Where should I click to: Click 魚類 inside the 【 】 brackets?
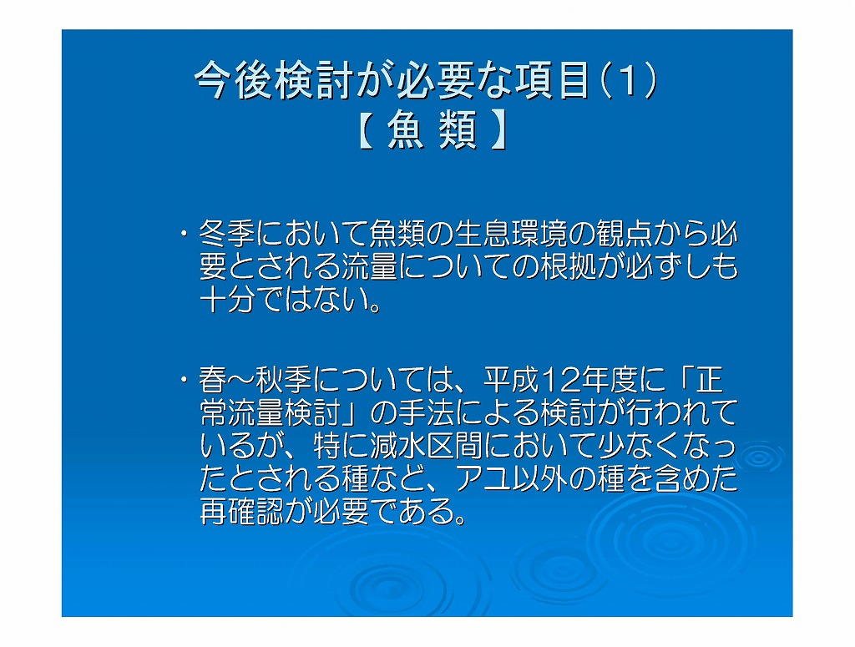[433, 130]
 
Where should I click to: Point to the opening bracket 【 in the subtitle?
[367, 130]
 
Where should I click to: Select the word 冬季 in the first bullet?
[227, 233]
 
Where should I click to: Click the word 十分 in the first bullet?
[227, 299]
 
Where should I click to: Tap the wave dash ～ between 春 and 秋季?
[241, 380]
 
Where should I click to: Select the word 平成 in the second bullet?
[512, 379]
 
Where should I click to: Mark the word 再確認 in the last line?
[241, 511]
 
